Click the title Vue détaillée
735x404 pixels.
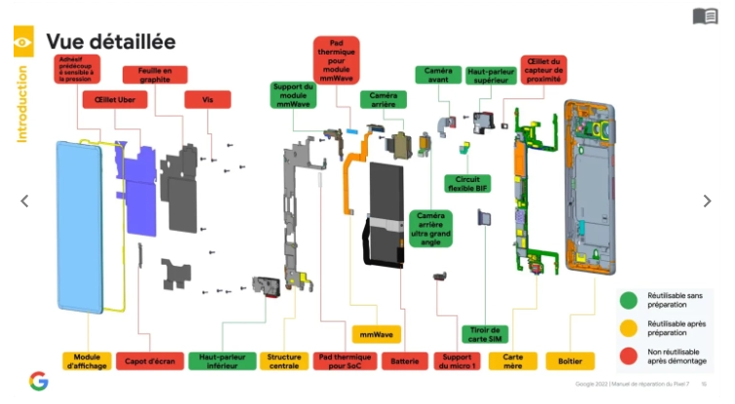click(110, 42)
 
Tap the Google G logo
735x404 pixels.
click(38, 381)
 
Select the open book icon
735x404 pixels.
click(705, 16)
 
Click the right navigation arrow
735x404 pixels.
click(708, 201)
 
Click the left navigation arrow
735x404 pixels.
click(24, 201)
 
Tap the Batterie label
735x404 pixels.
click(405, 361)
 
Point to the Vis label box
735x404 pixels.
click(207, 99)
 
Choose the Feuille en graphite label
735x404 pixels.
click(155, 75)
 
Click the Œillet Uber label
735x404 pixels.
click(115, 99)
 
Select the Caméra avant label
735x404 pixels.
click(438, 75)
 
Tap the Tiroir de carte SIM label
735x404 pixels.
click(484, 334)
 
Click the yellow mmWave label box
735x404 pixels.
click(376, 334)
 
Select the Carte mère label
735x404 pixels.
click(512, 361)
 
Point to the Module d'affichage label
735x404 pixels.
click(88, 361)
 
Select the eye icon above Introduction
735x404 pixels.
click(22, 42)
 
